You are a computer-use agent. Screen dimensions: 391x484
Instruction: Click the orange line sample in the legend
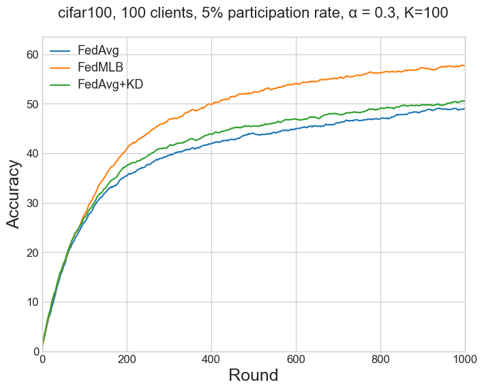(61, 67)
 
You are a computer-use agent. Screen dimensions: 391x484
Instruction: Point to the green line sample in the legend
(61, 84)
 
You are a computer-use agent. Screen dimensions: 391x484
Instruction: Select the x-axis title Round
(253, 375)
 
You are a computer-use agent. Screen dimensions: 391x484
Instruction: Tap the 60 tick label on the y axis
(31, 54)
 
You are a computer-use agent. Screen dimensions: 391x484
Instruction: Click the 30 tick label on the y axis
(31, 203)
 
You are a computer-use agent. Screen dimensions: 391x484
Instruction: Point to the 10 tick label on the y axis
(31, 302)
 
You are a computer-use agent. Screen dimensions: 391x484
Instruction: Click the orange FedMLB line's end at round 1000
(464, 65)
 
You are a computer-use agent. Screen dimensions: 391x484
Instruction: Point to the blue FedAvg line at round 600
(296, 129)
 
